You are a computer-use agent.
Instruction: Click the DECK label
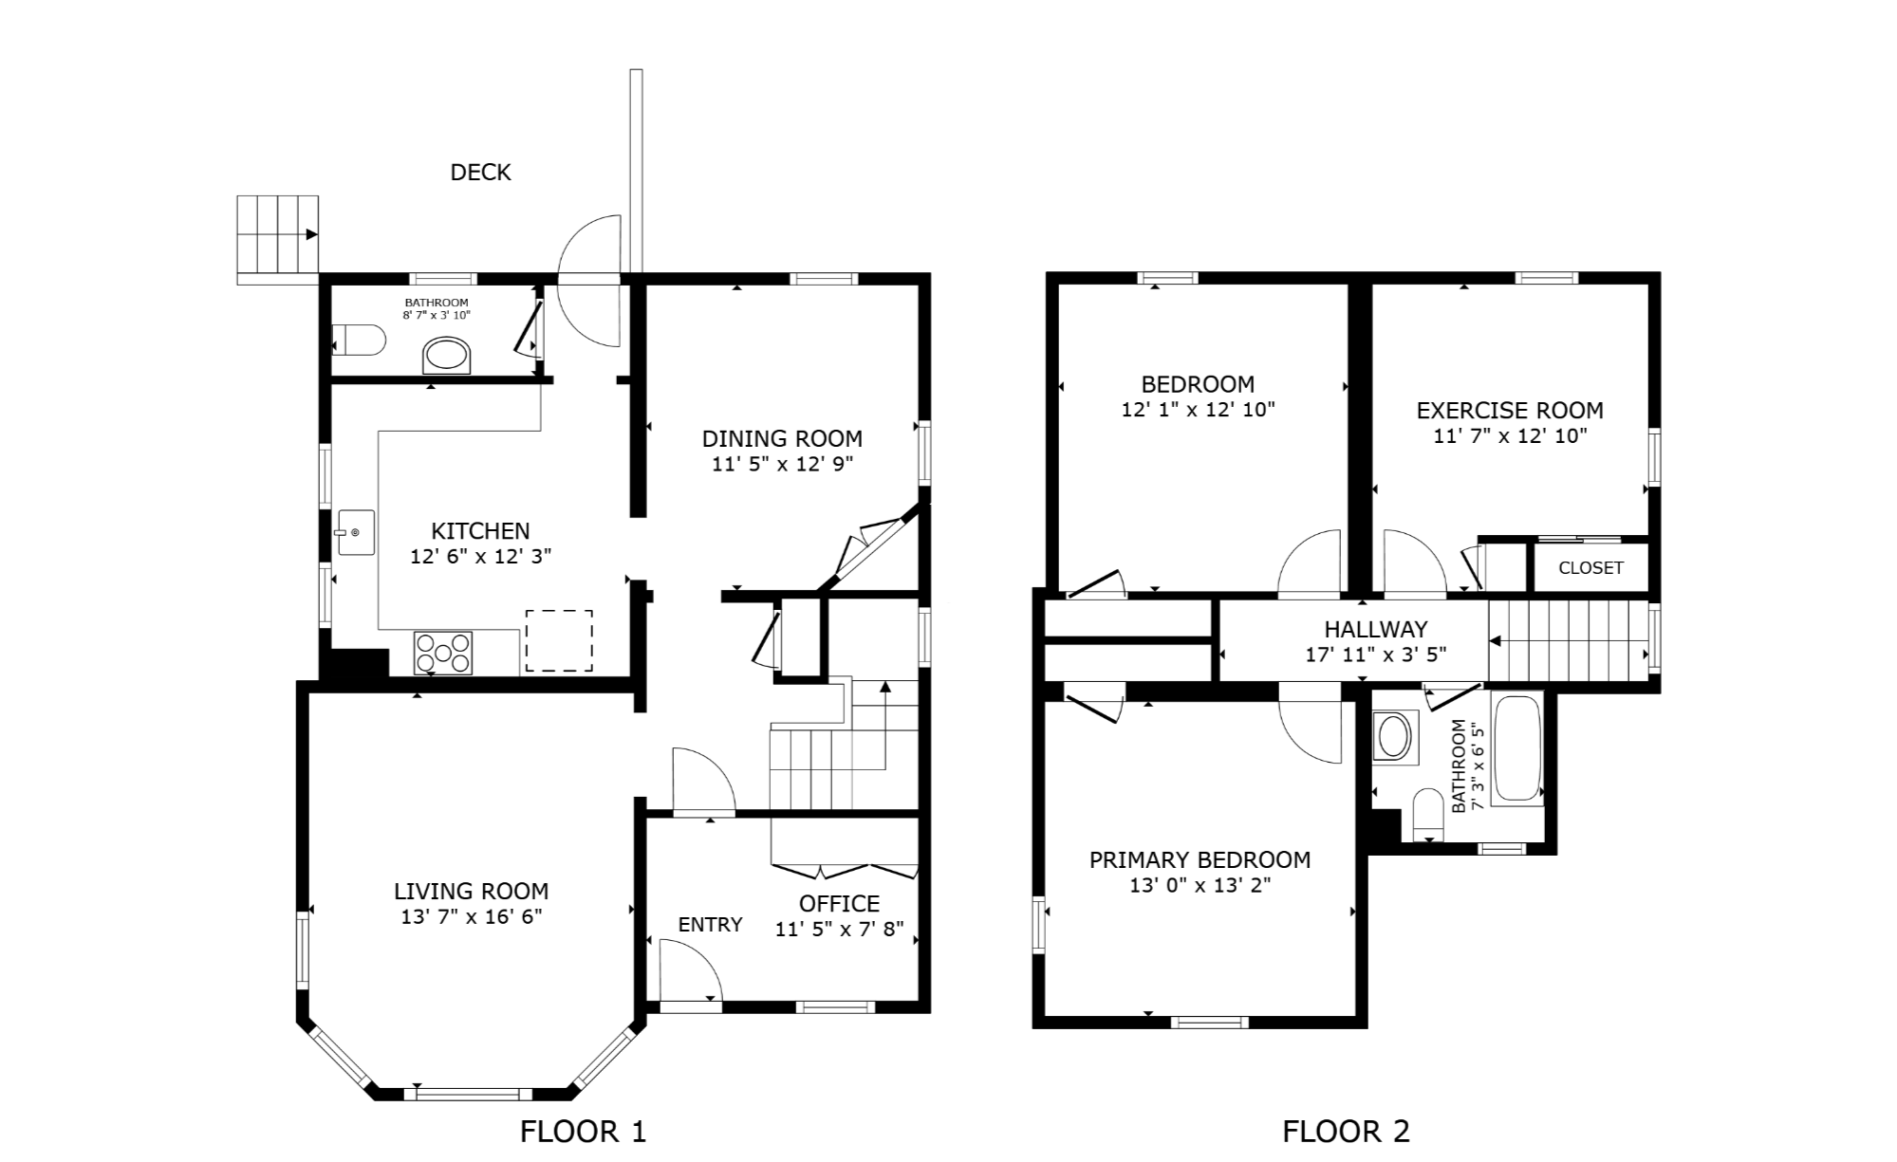480,172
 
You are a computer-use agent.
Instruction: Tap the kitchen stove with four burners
443,653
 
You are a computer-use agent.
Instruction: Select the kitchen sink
356,533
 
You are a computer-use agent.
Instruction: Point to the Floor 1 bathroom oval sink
446,356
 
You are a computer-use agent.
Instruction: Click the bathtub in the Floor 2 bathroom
1517,750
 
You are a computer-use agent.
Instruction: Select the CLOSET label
1590,568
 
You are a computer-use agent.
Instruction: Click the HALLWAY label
1376,629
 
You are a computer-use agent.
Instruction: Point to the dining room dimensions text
783,465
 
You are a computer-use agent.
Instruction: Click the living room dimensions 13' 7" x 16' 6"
472,916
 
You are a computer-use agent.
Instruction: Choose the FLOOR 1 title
583,1131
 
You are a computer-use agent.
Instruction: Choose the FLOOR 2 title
1346,1131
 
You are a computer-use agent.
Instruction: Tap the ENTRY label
711,925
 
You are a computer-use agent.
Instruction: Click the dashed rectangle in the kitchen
559,641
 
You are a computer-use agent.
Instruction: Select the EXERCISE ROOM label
1510,411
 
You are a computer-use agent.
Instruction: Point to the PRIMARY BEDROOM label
1200,860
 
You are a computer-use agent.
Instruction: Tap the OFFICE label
839,903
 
